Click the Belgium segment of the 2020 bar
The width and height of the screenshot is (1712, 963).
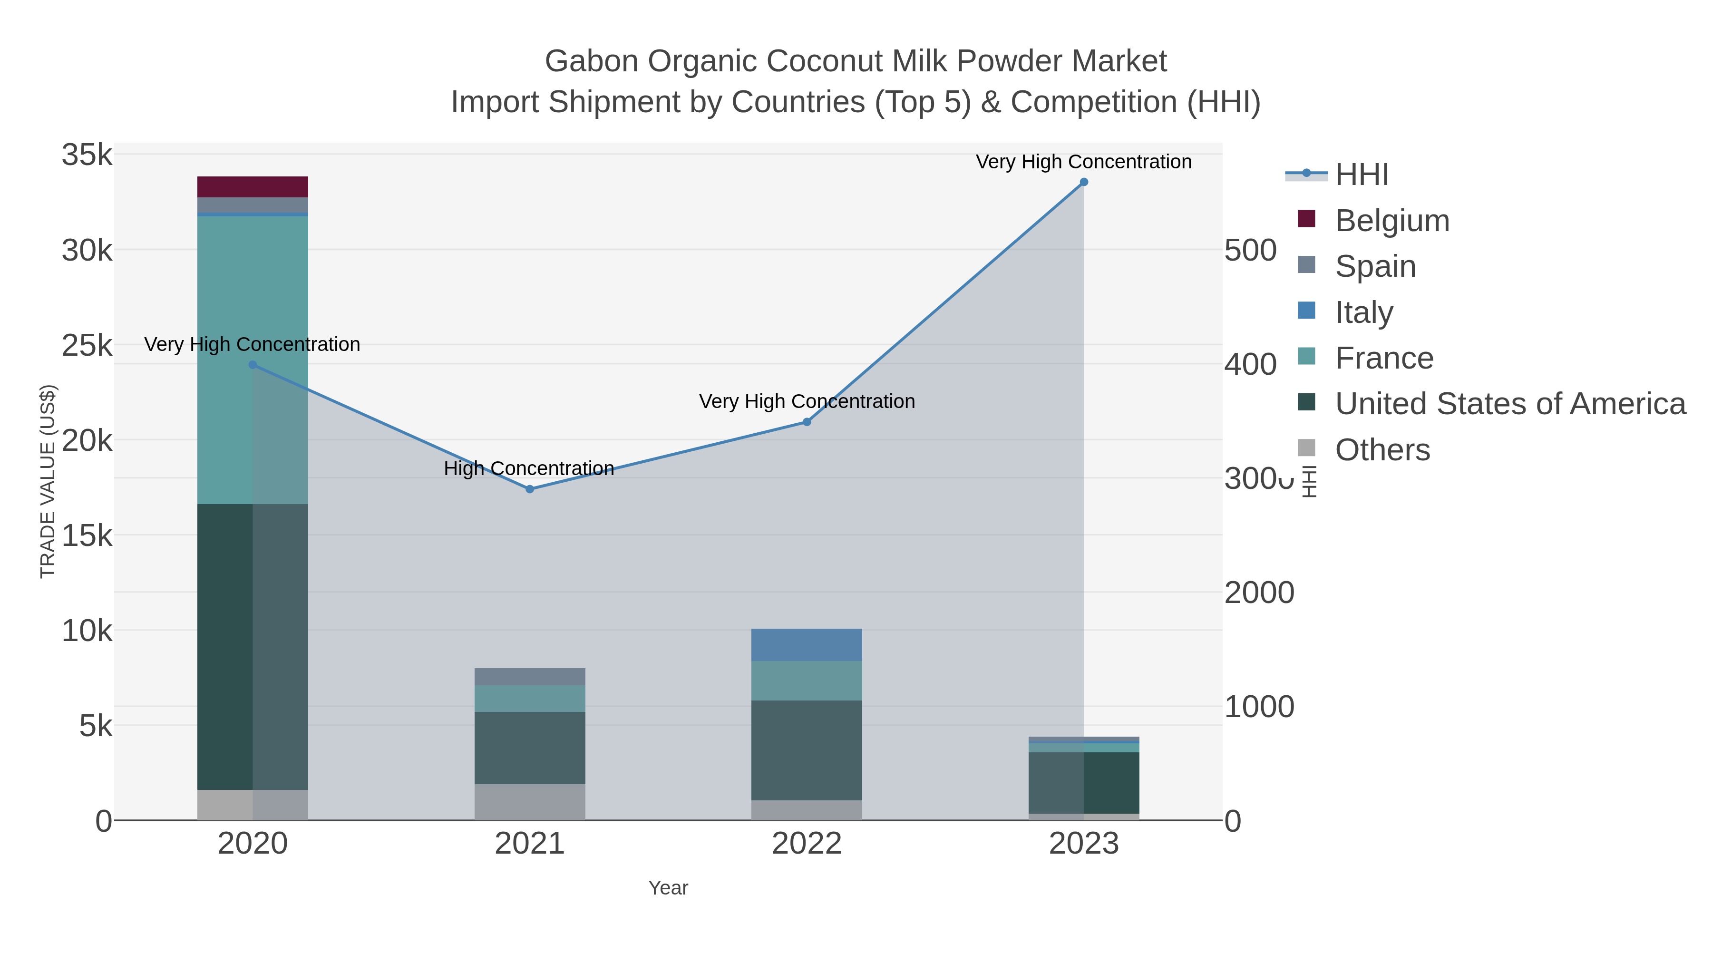click(253, 187)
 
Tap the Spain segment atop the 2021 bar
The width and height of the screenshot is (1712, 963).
click(530, 677)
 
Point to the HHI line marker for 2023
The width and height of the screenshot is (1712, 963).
click(1083, 182)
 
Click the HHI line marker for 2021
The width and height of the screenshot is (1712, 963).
click(530, 489)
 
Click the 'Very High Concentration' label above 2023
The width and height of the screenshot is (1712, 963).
click(1083, 162)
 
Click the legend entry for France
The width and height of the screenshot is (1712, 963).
click(1384, 358)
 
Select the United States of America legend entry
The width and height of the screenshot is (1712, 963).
click(1510, 404)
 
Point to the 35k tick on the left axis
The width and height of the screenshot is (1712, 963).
click(87, 155)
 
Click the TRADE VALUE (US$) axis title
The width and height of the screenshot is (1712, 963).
click(48, 481)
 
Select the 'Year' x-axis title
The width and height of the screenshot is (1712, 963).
click(668, 888)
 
